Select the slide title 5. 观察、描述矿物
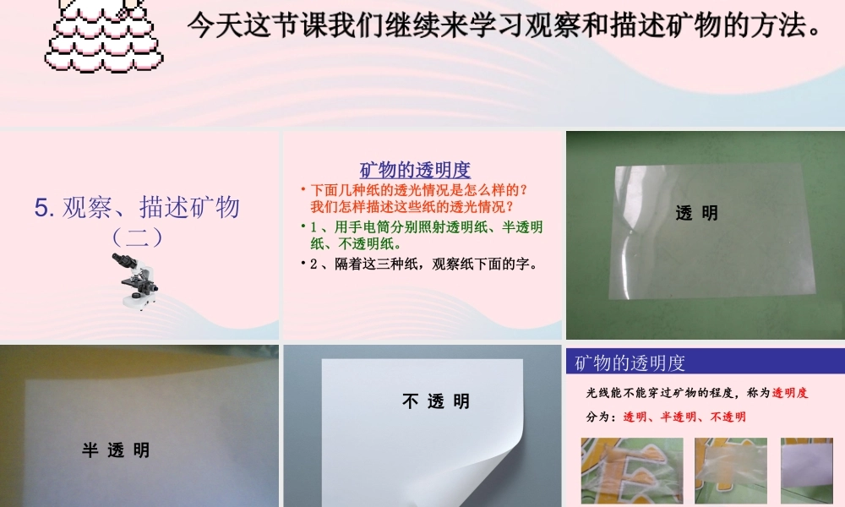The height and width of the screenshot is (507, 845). pos(138,207)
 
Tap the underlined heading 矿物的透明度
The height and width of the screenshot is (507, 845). pos(415,170)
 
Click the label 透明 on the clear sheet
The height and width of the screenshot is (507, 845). pos(697,214)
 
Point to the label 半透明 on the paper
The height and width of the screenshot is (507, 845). pos(116,450)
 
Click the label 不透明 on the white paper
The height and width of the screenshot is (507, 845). pos(436,401)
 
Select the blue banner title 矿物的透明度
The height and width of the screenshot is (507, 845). pos(630,363)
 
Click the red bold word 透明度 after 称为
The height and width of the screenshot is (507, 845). pos(790,393)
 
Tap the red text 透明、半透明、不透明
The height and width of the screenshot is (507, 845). pos(684,417)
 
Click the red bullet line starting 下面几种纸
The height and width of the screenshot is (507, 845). pos(418,198)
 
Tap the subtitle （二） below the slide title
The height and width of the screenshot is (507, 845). pos(138,237)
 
